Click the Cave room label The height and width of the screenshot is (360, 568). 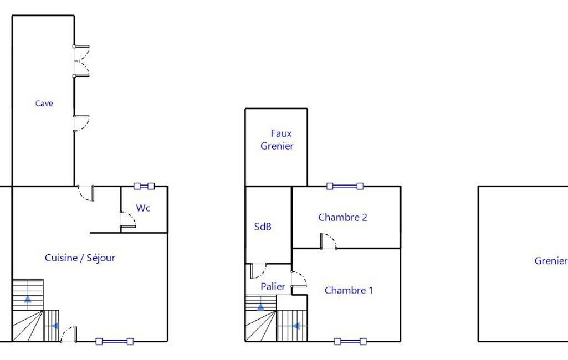point(44,104)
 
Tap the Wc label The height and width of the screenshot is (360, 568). point(143,208)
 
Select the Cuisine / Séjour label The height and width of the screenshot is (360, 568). point(80,258)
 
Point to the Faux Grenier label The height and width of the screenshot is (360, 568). point(277,140)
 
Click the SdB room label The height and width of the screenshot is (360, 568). point(263,227)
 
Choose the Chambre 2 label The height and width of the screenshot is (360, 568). point(342,217)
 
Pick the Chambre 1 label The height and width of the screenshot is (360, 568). point(349,290)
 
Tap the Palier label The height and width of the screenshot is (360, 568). point(273,286)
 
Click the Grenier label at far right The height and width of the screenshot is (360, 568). point(551,261)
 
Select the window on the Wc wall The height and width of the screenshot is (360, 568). point(144,186)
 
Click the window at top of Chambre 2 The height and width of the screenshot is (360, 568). point(345,186)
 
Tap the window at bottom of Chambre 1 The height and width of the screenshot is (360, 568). point(350,341)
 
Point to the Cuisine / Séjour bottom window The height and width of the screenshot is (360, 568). point(115,341)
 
